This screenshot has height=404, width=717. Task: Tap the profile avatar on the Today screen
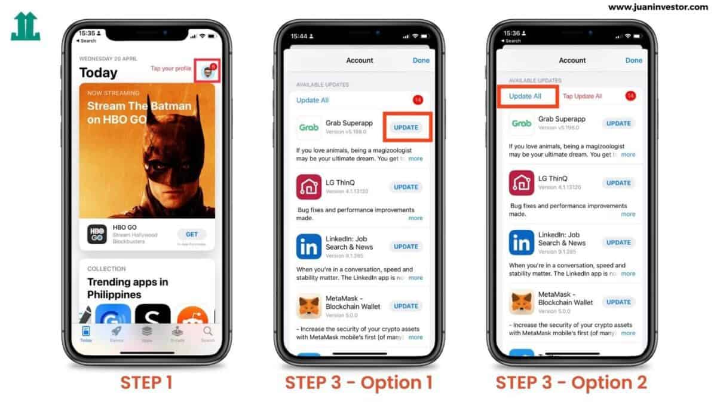pyautogui.click(x=207, y=72)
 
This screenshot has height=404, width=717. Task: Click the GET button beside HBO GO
pyautogui.click(x=192, y=234)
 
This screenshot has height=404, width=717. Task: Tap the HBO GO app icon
pyautogui.click(x=97, y=234)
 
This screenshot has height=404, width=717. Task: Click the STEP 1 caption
pyautogui.click(x=146, y=382)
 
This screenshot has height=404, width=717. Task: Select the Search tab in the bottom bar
pyautogui.click(x=207, y=333)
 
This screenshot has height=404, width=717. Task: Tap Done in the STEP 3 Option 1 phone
pyautogui.click(x=421, y=60)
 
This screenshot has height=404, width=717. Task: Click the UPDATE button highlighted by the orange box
pyautogui.click(x=406, y=127)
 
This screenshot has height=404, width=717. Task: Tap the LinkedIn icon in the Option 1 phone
pyautogui.click(x=309, y=247)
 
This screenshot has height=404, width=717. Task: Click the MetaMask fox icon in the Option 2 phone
pyautogui.click(x=522, y=302)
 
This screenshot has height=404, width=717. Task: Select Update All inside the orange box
pyautogui.click(x=525, y=96)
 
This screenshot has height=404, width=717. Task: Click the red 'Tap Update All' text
pyautogui.click(x=583, y=96)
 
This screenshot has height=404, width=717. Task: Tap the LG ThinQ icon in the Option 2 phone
pyautogui.click(x=522, y=183)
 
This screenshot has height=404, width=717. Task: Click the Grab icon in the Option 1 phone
pyautogui.click(x=309, y=127)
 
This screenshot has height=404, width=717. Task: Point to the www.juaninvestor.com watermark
pyautogui.click(x=658, y=7)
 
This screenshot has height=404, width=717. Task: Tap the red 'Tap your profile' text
pyautogui.click(x=171, y=69)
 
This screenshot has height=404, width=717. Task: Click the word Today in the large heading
pyautogui.click(x=99, y=73)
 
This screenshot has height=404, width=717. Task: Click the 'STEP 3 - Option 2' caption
pyautogui.click(x=571, y=382)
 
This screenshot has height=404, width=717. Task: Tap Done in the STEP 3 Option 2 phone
pyautogui.click(x=633, y=60)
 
